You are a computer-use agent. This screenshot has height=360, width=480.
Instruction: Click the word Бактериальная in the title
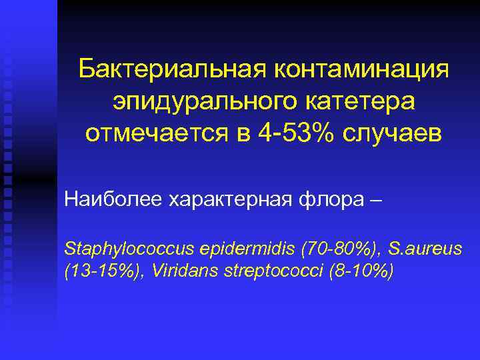point(172,69)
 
